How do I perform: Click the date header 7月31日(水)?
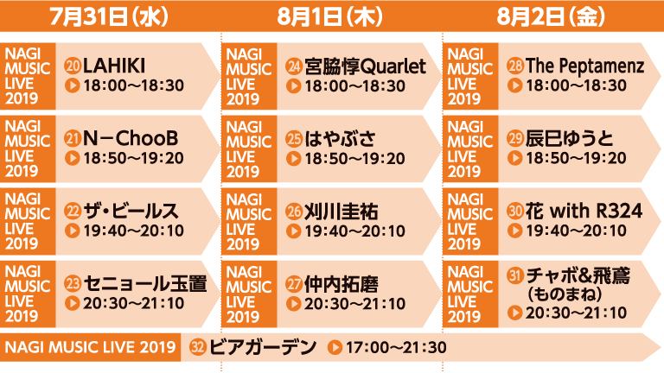coord(109,17)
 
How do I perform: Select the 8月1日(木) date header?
coord(330,17)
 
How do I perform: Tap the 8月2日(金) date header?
coord(551,17)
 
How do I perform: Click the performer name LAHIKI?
coord(114,66)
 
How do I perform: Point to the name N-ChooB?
coord(131,138)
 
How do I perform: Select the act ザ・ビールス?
coord(131,211)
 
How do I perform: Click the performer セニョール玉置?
coord(145,283)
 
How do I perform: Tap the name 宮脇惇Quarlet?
coord(365,66)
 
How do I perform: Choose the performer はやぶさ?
coord(340,139)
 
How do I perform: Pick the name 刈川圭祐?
coord(341,212)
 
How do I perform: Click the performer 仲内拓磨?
coord(341,284)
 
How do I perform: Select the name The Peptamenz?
coord(584,66)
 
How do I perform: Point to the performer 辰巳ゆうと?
coord(569,138)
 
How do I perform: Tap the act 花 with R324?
coord(584,211)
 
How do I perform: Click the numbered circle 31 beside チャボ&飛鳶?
coord(515,275)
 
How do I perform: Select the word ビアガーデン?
coord(263,347)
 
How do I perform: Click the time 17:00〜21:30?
coord(396,348)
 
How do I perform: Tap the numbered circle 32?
coord(198,347)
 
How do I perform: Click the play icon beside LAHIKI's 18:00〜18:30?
coord(73,85)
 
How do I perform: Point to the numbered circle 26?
coord(294,212)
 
